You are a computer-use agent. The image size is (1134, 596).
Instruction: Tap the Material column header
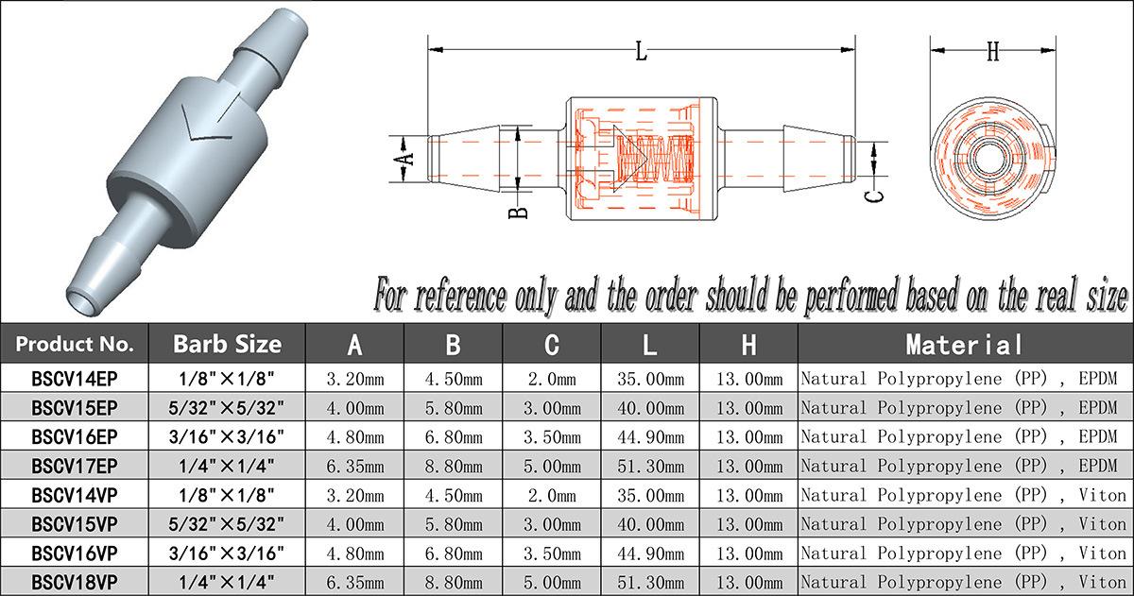point(964,344)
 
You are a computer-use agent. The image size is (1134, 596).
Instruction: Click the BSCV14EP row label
point(75,379)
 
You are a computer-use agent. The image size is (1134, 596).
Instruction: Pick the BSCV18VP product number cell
point(75,581)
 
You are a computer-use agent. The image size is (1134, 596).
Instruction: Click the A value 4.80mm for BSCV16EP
point(354,437)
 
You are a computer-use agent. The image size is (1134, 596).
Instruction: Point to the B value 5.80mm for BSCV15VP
point(454,524)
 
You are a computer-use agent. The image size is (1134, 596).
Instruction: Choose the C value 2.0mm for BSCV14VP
point(553,496)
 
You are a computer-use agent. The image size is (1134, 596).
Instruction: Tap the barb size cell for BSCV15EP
point(227,408)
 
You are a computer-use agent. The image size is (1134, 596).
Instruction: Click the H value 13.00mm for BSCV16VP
point(749,553)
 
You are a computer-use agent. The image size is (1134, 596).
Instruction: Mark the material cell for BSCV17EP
point(964,467)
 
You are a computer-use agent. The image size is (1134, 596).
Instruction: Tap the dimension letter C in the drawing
point(875,196)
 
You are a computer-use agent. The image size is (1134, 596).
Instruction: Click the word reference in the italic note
point(460,296)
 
